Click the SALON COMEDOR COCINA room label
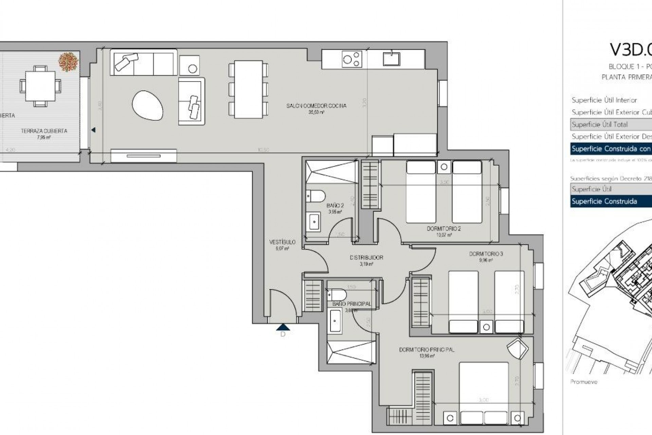pyautogui.click(x=316, y=106)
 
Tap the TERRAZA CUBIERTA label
pyautogui.click(x=44, y=131)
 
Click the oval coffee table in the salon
pyautogui.click(x=147, y=106)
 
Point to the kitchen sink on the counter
pyautogui.click(x=392, y=58)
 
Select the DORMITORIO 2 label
pyautogui.click(x=443, y=229)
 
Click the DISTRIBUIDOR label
pyautogui.click(x=366, y=258)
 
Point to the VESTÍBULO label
pyautogui.click(x=282, y=242)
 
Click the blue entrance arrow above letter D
pyautogui.click(x=283, y=327)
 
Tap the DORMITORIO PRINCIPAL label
pyautogui.click(x=427, y=350)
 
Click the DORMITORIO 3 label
pyautogui.click(x=486, y=254)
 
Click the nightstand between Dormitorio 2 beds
pyautogui.click(x=444, y=167)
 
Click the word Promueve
pyautogui.click(x=583, y=382)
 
